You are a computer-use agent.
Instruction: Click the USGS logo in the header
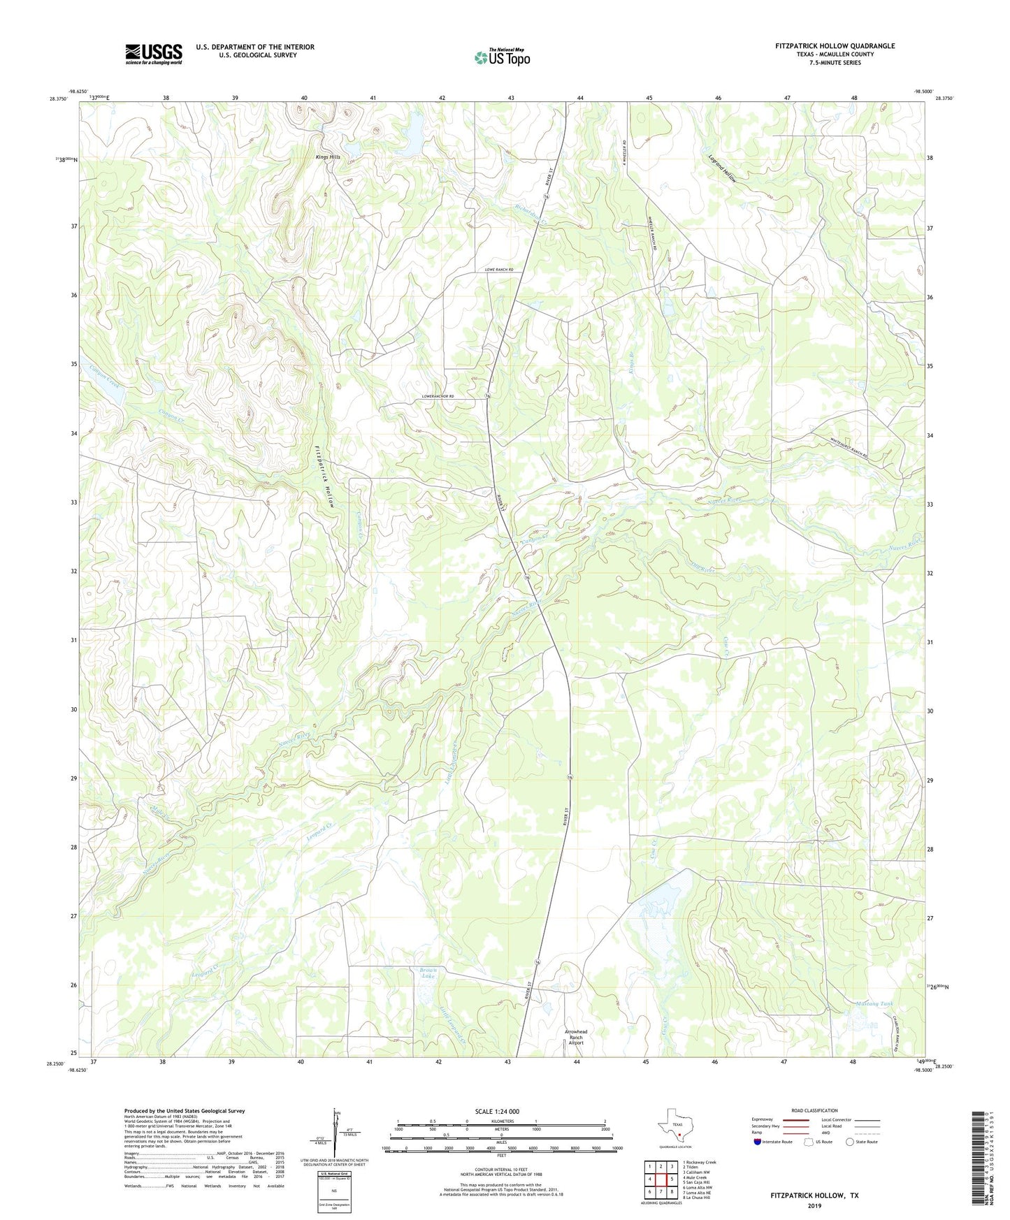click(x=154, y=53)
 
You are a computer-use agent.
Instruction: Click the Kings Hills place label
click(x=327, y=157)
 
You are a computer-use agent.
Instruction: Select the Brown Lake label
click(x=427, y=973)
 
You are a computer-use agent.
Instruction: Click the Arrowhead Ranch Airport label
click(x=576, y=1038)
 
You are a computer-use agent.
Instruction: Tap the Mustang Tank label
click(x=874, y=1004)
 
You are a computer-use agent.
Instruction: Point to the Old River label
click(x=703, y=567)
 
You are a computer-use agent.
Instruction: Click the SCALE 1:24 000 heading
click(x=497, y=1112)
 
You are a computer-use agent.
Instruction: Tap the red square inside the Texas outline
click(x=679, y=1135)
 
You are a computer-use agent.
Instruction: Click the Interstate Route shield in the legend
click(x=758, y=1142)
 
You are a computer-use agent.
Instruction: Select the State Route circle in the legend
click(x=850, y=1142)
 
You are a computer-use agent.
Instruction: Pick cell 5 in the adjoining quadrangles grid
click(x=671, y=1179)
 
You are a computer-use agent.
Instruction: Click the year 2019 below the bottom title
click(x=814, y=1205)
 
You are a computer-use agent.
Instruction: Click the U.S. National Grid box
click(x=334, y=1188)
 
